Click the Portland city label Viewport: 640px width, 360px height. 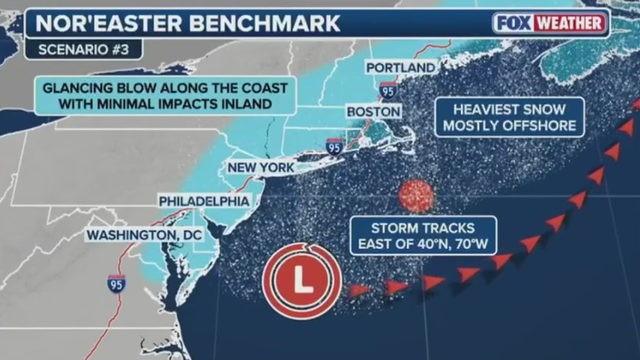[x=401, y=67]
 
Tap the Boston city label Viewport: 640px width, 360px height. [x=373, y=112]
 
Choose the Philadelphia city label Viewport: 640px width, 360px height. [x=203, y=201]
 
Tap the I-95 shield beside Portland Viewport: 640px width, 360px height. [x=388, y=89]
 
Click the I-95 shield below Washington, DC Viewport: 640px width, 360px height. [x=116, y=283]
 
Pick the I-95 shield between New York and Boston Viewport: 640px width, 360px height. [x=334, y=147]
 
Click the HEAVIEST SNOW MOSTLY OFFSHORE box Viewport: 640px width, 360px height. [x=506, y=117]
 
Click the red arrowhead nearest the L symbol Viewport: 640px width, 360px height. [x=362, y=291]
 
